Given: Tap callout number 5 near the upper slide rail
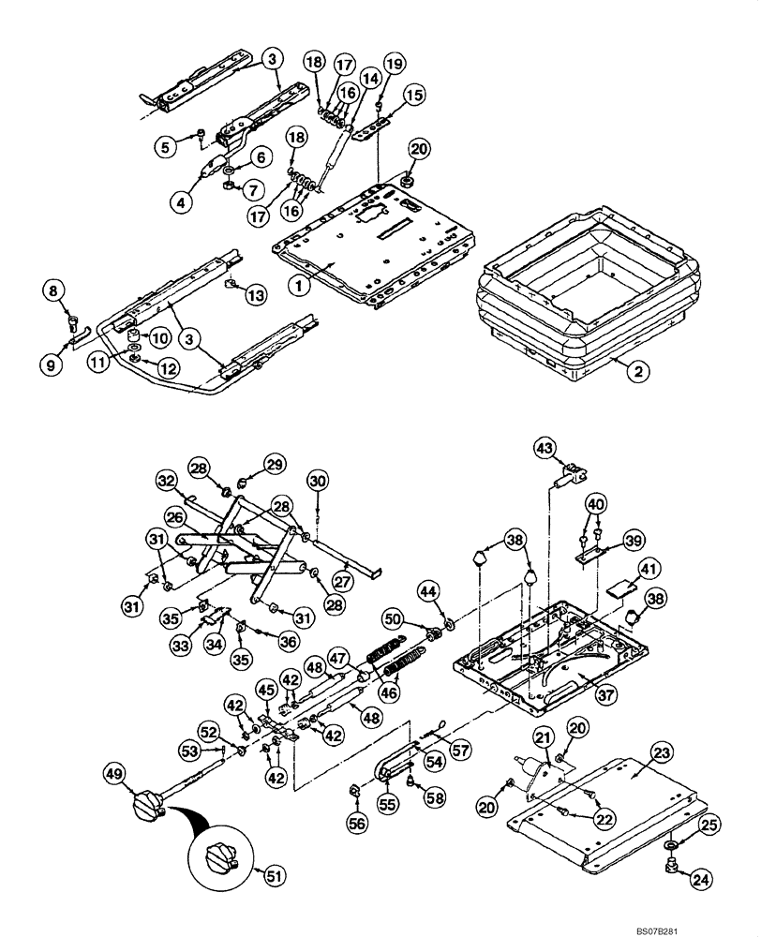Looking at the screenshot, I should pyautogui.click(x=167, y=147).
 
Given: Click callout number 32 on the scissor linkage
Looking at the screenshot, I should pyautogui.click(x=166, y=482).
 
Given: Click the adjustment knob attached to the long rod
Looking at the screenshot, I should pyautogui.click(x=149, y=804).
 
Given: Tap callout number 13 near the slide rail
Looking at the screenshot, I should pyautogui.click(x=255, y=296).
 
